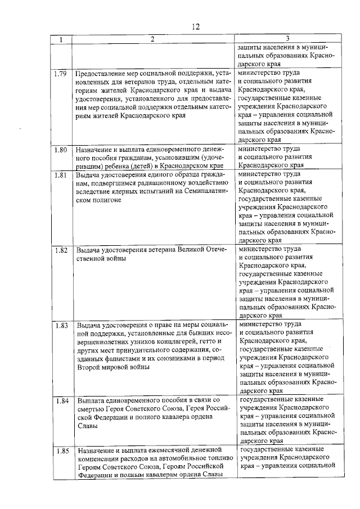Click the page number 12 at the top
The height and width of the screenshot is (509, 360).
(x=195, y=27)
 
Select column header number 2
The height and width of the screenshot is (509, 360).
(x=151, y=39)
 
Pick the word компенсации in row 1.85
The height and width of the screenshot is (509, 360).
(x=99, y=458)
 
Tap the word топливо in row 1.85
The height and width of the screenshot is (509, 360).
(x=215, y=458)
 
